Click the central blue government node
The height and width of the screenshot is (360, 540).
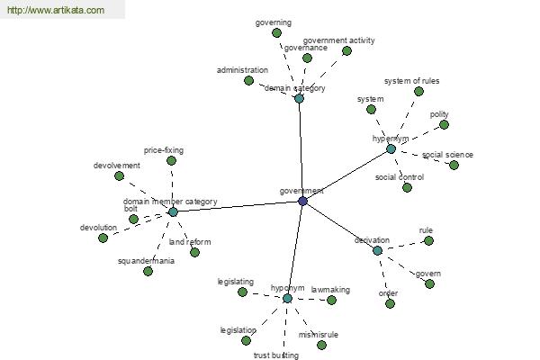click(302, 201)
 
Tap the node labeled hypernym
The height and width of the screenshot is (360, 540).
click(391, 148)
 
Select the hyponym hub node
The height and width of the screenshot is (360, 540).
click(287, 298)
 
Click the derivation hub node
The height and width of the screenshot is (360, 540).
click(377, 250)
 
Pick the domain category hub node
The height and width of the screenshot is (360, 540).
click(299, 98)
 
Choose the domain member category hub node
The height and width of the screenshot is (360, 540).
click(173, 211)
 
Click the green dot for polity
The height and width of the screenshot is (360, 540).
click(444, 124)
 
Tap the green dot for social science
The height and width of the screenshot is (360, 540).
click(454, 165)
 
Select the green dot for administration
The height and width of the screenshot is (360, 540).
click(248, 80)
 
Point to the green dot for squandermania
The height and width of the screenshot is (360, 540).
click(148, 271)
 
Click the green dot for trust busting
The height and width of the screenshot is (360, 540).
click(272, 341)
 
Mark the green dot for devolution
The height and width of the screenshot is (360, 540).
click(103, 238)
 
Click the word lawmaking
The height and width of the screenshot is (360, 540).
click(330, 290)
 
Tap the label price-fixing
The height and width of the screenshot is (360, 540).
click(164, 150)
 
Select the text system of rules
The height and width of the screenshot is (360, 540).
click(410, 81)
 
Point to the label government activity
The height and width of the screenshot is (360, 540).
click(338, 40)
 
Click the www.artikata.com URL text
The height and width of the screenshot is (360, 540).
click(56, 10)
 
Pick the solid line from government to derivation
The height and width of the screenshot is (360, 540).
click(339, 225)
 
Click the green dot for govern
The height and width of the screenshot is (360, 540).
click(429, 284)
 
